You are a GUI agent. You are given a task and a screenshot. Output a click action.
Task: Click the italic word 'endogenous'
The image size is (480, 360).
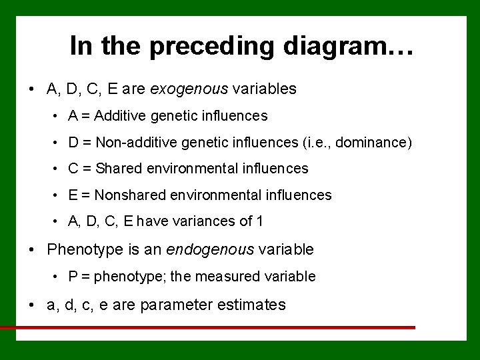tap(210, 250)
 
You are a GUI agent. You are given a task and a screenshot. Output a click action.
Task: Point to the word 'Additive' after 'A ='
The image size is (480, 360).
tap(119, 116)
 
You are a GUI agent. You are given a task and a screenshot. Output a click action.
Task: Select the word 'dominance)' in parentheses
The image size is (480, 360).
tap(377, 142)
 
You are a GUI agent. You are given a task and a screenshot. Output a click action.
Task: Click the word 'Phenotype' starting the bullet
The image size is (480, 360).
tap(81, 250)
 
